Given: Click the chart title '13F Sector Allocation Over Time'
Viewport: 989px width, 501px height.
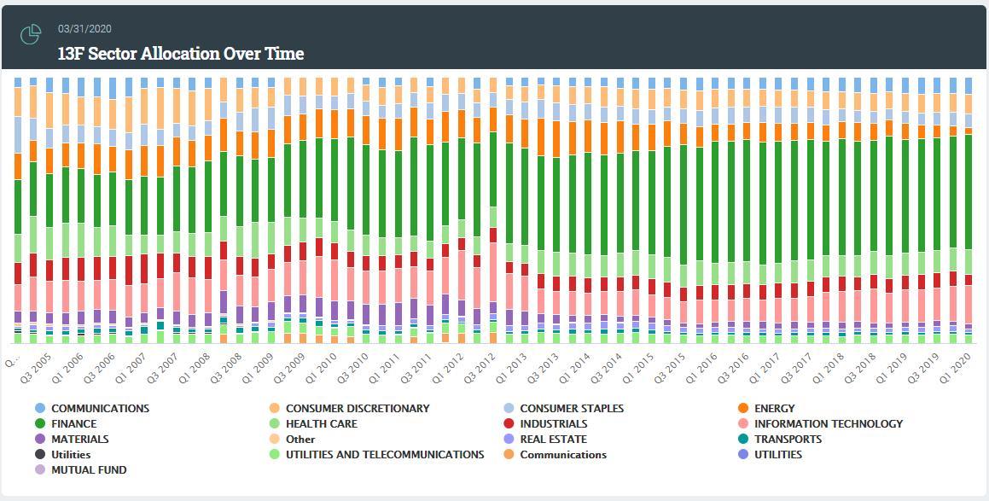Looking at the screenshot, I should coord(180,54).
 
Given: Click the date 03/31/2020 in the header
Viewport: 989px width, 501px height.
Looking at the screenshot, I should coord(85,28).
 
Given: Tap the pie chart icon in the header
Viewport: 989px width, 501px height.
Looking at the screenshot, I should coord(31,35).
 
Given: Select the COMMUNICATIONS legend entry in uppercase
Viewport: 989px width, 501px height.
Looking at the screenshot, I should coord(100,409).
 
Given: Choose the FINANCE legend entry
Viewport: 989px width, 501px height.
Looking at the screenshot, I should coord(73,424).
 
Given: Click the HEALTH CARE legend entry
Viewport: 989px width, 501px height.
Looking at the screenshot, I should coord(321,424).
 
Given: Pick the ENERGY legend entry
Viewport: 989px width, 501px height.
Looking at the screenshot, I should coord(774,409).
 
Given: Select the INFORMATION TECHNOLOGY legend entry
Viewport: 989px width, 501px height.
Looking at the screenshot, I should coord(828,424).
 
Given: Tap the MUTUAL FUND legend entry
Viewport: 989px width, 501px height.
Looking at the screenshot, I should coord(89,470).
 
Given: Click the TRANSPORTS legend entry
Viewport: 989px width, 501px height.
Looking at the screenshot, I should coord(788,440).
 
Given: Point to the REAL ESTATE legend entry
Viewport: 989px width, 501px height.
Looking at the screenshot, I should coord(553,440).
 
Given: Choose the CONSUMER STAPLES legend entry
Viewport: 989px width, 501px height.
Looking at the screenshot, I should coord(572,409).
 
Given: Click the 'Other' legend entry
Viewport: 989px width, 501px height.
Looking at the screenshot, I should coord(300,440).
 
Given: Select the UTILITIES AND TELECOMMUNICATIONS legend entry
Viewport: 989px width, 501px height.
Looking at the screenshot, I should coord(384,455).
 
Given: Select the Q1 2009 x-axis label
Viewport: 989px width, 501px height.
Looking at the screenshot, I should coord(257,368).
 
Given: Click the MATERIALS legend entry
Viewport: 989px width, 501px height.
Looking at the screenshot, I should coord(79,440).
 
